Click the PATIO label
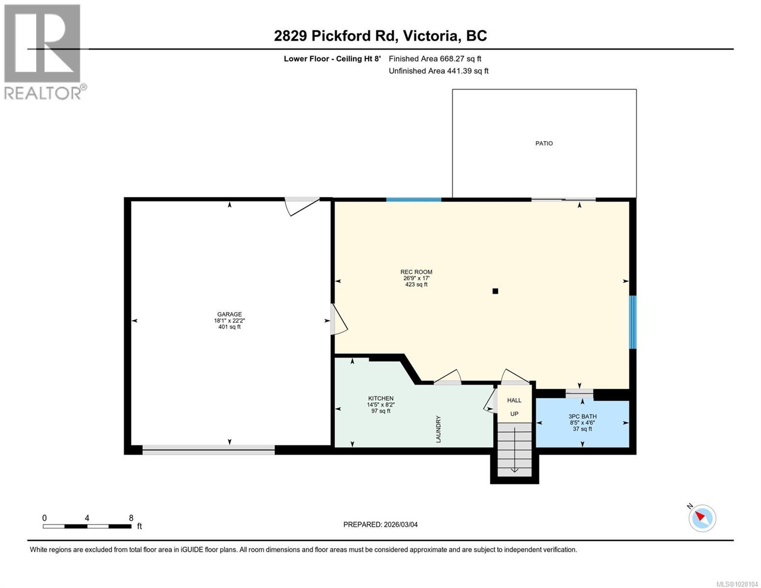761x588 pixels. (544, 143)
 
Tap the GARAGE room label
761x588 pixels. (229, 314)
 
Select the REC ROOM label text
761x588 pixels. (416, 272)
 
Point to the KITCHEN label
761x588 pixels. (381, 398)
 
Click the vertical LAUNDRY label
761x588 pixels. (438, 429)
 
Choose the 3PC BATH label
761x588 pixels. (583, 416)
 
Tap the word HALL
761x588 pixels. (514, 400)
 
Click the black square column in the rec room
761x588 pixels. (495, 291)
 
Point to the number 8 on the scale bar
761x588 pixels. (131, 518)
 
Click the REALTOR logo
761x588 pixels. (44, 52)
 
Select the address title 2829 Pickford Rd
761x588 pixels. (336, 36)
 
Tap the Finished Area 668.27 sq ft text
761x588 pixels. (435, 59)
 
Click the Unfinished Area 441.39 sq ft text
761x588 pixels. (439, 71)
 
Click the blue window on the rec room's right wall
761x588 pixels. (633, 322)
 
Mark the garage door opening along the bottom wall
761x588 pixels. (208, 450)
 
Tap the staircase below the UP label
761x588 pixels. (514, 449)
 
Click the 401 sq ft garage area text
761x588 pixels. (229, 327)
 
